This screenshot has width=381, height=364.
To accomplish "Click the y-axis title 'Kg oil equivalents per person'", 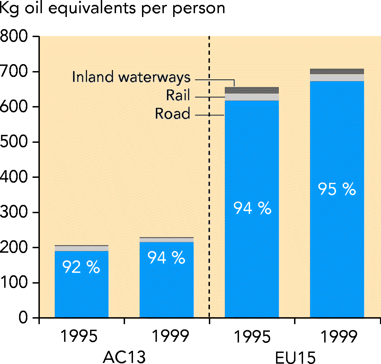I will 113,8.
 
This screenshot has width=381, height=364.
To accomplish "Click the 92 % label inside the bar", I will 81,267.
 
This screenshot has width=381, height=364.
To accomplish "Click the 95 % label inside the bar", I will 337,189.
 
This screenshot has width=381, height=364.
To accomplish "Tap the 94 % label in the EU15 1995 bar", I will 252,208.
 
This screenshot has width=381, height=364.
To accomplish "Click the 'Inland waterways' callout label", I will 131,77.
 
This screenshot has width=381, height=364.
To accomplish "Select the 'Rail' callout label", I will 178,95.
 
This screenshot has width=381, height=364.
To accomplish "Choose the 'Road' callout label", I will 172,113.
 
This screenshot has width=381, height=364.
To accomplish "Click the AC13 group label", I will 124,357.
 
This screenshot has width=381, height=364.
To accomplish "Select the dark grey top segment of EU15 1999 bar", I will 337,71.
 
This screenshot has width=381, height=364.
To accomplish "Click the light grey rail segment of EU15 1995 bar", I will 252,97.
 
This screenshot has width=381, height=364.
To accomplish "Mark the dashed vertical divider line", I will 209,173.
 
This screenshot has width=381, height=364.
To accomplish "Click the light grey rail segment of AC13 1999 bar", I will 166,240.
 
